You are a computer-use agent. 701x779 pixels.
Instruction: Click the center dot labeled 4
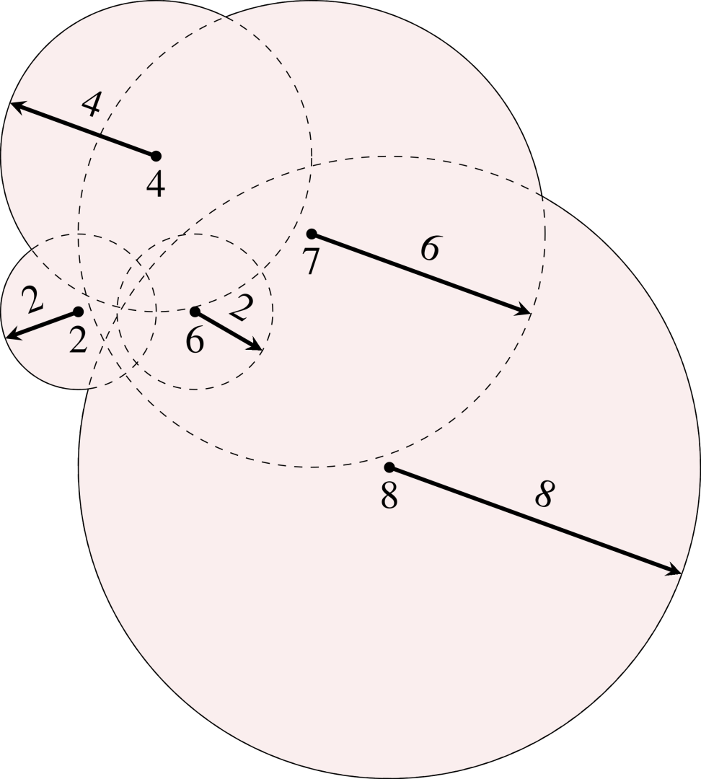point(156,156)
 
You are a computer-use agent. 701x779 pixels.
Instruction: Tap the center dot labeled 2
point(78,312)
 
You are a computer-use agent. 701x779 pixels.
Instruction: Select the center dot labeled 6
point(195,312)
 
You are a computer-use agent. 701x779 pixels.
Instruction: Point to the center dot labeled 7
point(312,234)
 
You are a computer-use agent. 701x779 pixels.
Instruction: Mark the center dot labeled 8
point(389,467)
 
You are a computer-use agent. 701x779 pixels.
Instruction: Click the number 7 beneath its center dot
point(311,261)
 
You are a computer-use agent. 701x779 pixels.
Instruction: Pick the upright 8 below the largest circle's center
point(389,496)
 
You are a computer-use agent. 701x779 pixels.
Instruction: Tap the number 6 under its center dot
point(195,340)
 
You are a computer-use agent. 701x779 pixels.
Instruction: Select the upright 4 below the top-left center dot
point(155,185)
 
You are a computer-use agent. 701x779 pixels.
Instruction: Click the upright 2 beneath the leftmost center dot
point(78,340)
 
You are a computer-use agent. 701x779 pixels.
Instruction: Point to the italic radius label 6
point(430,250)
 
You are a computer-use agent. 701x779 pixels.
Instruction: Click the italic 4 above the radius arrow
point(91,106)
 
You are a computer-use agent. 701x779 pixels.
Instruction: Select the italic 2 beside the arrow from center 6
point(242,309)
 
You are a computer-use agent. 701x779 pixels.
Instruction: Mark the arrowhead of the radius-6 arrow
point(526,311)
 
